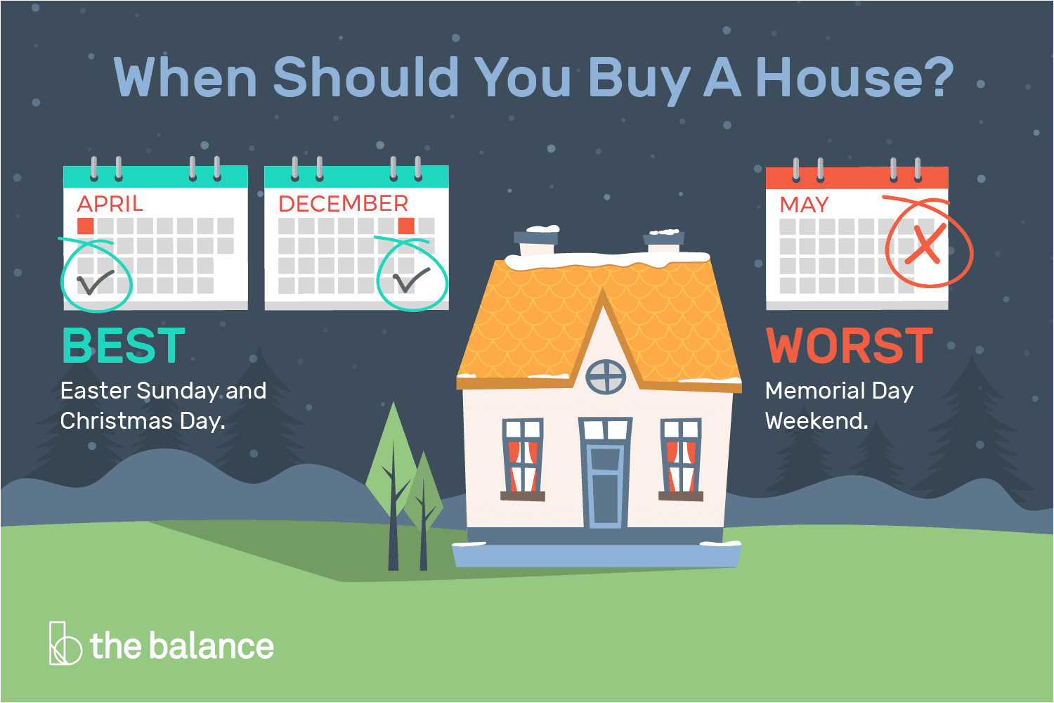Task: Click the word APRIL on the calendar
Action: tap(110, 204)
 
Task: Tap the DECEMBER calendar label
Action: tap(343, 203)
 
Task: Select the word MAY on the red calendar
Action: tap(804, 205)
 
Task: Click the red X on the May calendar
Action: tap(925, 243)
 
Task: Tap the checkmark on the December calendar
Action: tap(411, 280)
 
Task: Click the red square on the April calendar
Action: tap(85, 226)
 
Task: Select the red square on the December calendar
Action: tap(406, 226)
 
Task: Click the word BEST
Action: tap(124, 345)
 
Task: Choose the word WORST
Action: tap(850, 346)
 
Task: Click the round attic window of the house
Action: tap(606, 377)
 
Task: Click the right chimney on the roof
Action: tap(664, 242)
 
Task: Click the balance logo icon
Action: tap(65, 643)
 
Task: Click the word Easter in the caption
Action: tap(96, 392)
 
